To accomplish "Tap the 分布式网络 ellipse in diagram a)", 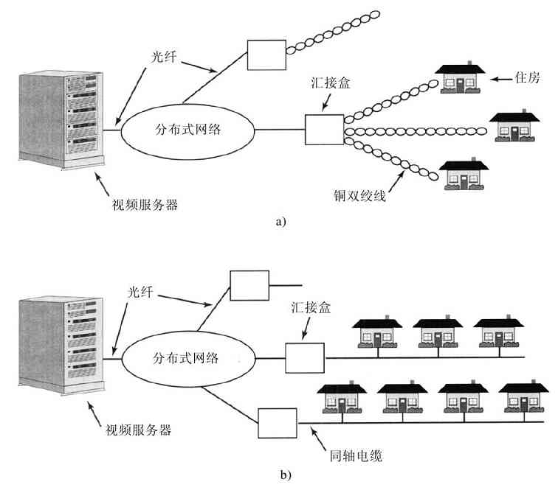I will pyautogui.click(x=189, y=130).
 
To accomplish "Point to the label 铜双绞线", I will pyautogui.click(x=361, y=196).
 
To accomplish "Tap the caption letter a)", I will pyautogui.click(x=280, y=220).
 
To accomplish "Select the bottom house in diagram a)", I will pyautogui.click(x=464, y=174).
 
